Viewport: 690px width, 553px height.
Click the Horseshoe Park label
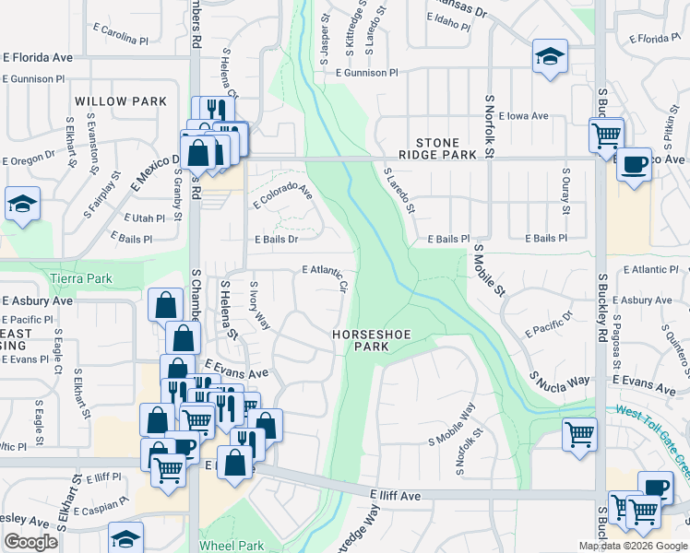[369, 339]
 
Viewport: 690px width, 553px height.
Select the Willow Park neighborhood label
[121, 101]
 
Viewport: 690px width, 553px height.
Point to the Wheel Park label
[232, 546]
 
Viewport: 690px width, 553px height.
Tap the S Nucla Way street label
[559, 379]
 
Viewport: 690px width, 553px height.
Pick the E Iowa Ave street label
[523, 116]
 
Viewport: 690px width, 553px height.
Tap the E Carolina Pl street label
[121, 41]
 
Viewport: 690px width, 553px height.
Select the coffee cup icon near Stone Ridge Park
[634, 165]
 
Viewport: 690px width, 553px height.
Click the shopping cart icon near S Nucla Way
[579, 434]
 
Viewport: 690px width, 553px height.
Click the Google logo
[30, 542]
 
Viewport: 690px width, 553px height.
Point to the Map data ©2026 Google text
[632, 546]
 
